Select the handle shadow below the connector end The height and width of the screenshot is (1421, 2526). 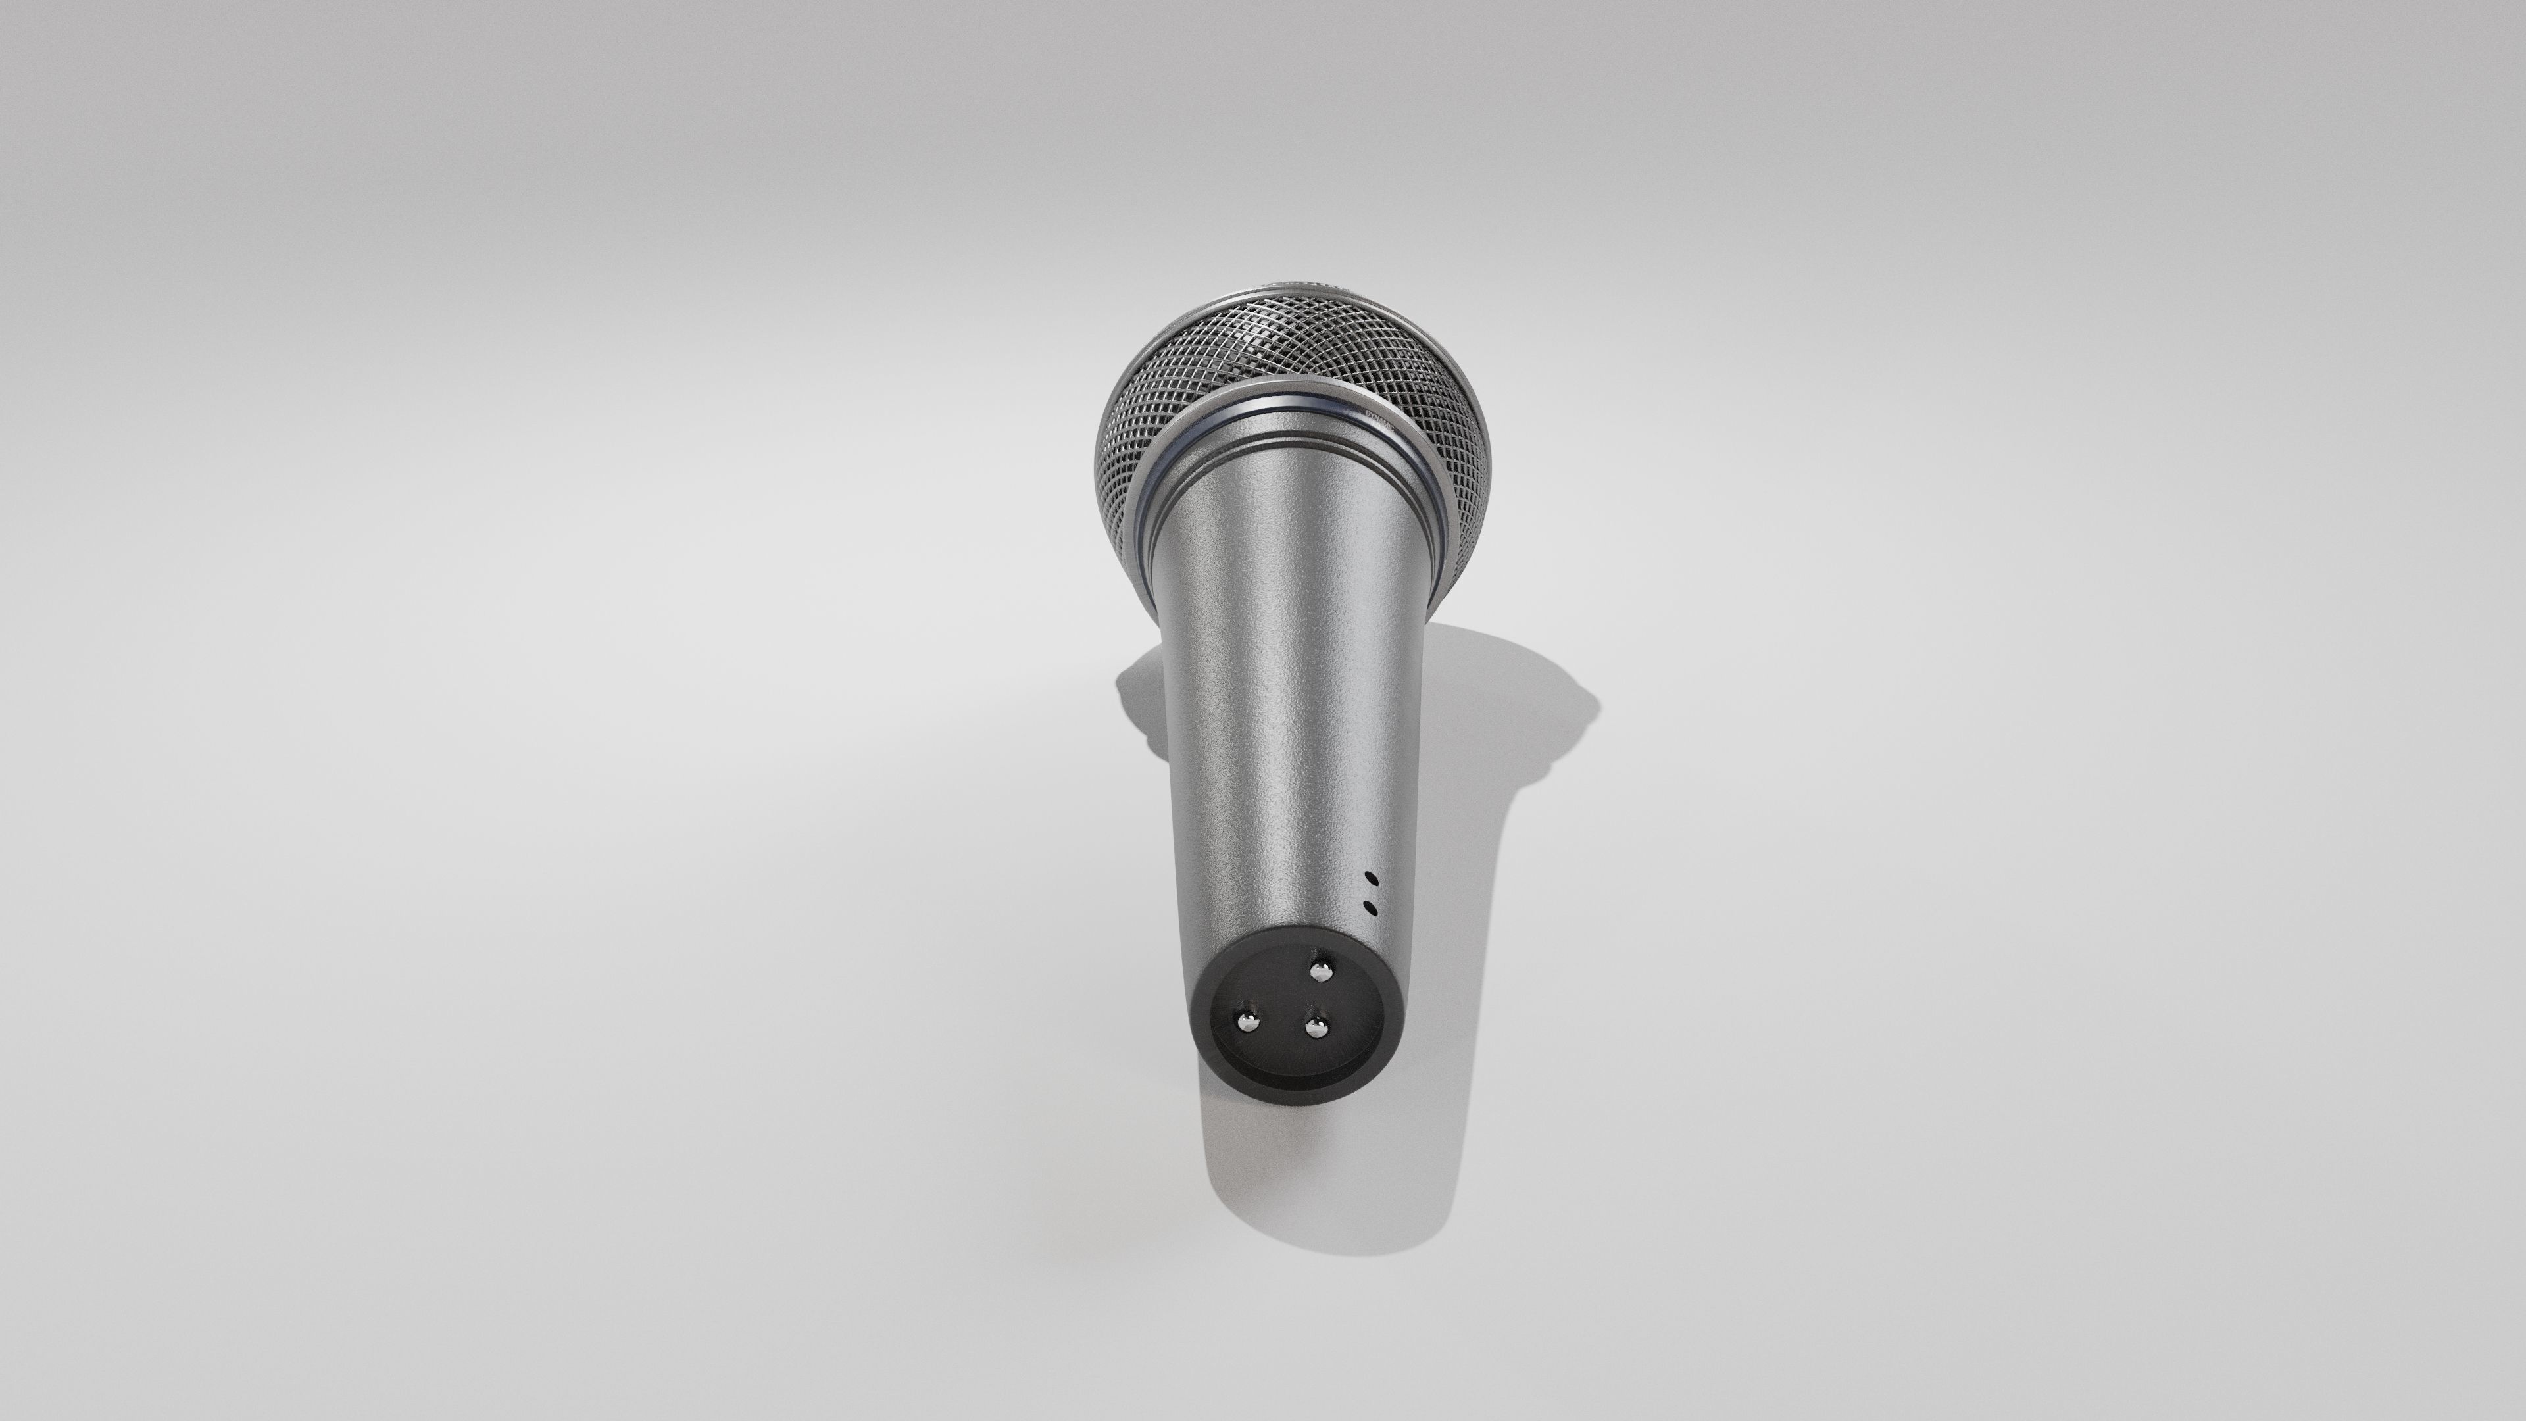click(x=1304, y=1177)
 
